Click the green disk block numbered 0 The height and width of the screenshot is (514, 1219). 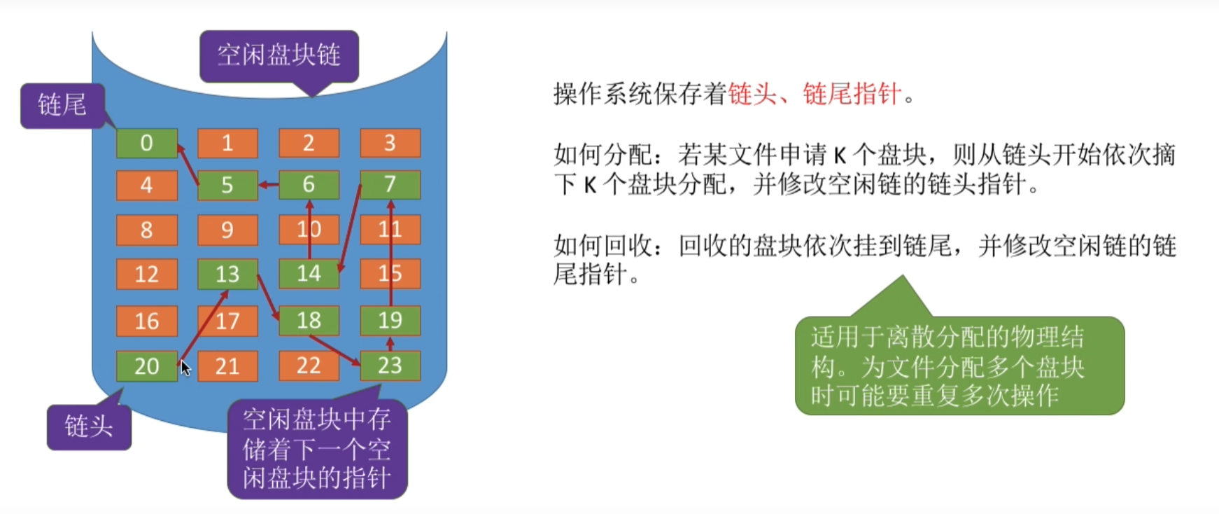[146, 143]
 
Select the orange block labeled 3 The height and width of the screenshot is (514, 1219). [390, 143]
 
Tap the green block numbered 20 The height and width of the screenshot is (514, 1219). [146, 366]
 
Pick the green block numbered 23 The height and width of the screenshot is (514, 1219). [390, 366]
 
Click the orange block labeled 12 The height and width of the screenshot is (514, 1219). [146, 274]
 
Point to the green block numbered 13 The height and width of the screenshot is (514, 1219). [227, 274]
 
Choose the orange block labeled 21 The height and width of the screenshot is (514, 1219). [227, 366]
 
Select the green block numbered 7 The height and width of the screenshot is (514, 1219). [390, 185]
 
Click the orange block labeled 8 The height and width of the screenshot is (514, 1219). [146, 230]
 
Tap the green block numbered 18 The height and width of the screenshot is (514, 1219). [309, 321]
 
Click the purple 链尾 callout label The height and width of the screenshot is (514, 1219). [62, 106]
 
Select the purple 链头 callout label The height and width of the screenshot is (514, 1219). [89, 426]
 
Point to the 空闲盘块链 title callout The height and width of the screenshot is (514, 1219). [279, 55]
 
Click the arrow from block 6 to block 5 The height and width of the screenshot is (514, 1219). [269, 185]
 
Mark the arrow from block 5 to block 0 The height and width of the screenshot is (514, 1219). [188, 164]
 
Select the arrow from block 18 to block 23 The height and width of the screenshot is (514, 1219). [334, 351]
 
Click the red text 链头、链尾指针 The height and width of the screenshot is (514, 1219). [815, 93]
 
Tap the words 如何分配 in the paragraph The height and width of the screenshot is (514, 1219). [603, 154]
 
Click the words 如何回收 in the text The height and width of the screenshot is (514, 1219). [603, 246]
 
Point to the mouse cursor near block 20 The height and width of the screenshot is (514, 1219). [185, 368]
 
